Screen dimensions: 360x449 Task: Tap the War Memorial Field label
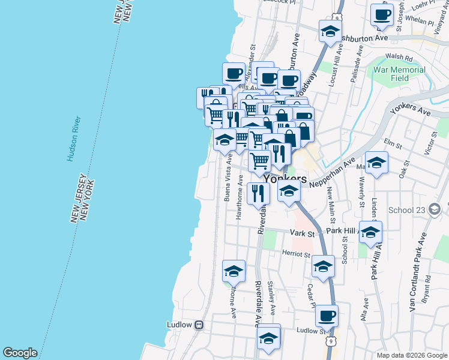399,74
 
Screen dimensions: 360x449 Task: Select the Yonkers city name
285,179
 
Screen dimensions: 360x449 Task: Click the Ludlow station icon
199,325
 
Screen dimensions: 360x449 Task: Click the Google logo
20,353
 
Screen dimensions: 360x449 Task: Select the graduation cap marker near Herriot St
323,266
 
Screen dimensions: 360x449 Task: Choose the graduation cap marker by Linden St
376,162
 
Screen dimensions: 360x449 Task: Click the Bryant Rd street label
426,289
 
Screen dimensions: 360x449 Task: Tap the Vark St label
302,232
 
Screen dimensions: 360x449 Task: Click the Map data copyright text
411,355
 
